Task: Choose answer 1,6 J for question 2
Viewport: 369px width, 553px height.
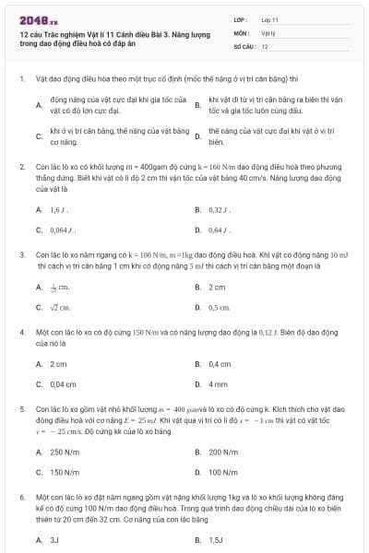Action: [x=57, y=210]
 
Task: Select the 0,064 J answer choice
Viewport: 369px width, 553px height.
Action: [x=62, y=229]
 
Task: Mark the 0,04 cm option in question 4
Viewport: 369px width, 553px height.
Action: [x=63, y=383]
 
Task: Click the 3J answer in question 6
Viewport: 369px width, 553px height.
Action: [x=54, y=539]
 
